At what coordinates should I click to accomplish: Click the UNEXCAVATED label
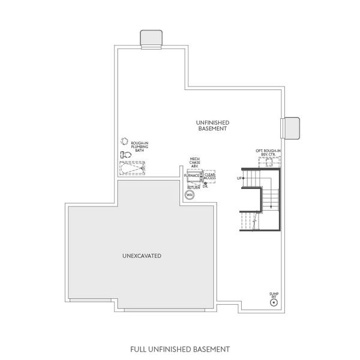[141, 256]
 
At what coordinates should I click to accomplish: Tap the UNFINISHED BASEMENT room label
[212, 125]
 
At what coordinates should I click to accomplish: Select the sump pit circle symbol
[274, 302]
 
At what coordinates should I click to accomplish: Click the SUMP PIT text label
[274, 294]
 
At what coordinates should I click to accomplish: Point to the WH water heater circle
[190, 195]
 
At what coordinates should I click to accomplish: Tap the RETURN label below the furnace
[194, 187]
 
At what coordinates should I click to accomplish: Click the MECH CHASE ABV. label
[195, 162]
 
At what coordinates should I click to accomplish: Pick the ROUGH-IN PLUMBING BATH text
[139, 146]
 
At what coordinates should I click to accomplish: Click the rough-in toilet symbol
[125, 155]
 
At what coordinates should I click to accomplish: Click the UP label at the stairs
[239, 178]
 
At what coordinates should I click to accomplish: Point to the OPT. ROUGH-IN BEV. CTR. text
[267, 154]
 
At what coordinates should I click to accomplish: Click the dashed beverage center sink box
[268, 163]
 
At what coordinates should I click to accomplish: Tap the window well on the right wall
[290, 127]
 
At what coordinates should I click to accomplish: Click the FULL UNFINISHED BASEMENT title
[180, 348]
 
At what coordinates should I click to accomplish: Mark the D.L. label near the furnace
[206, 186]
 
